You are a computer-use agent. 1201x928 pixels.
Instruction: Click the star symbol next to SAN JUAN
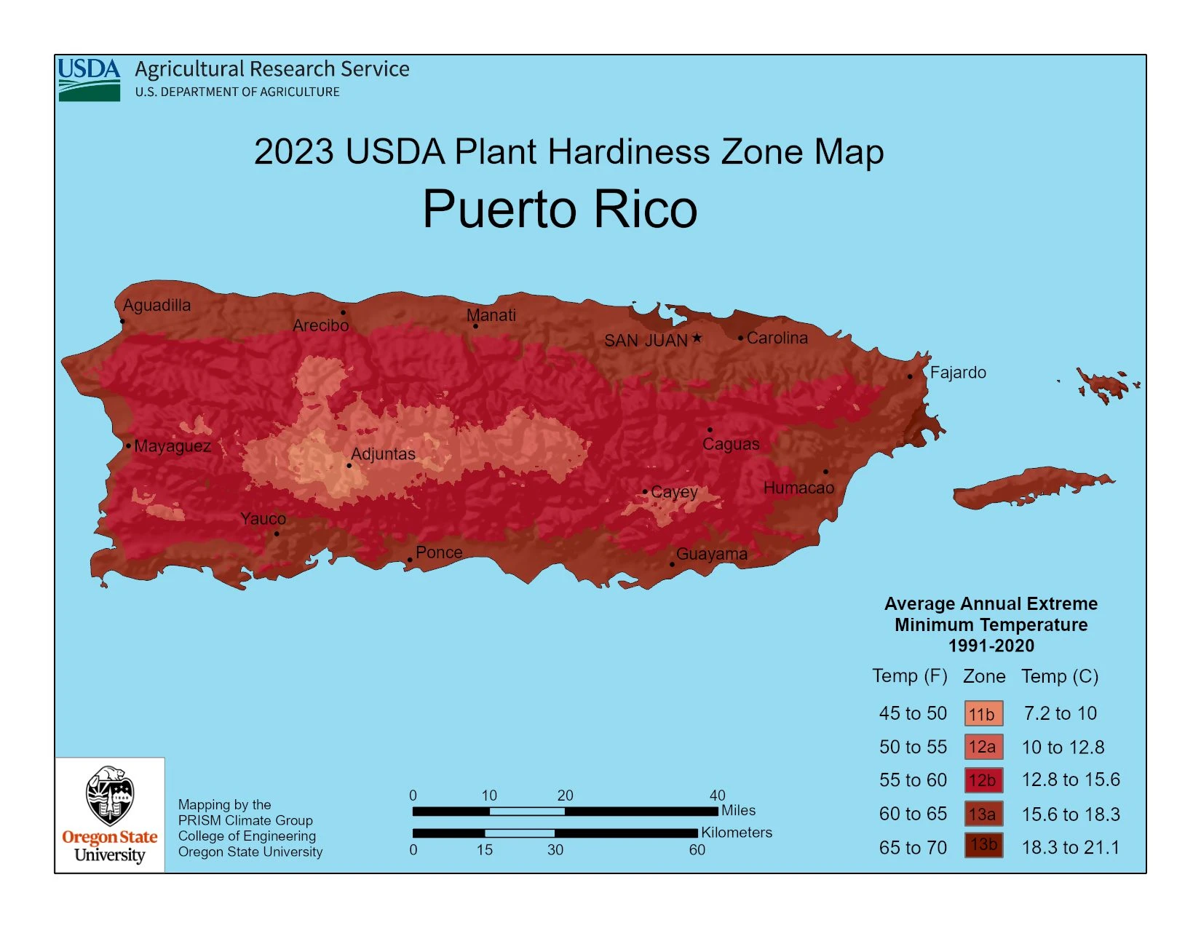(697, 338)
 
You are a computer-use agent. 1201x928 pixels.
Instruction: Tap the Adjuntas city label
(383, 454)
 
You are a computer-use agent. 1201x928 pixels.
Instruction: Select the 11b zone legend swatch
(983, 714)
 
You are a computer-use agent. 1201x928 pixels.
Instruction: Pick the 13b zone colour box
(983, 845)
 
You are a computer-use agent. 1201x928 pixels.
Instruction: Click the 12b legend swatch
(983, 780)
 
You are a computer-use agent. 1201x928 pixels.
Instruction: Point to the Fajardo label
(958, 373)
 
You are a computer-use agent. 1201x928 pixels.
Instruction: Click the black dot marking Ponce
(410, 560)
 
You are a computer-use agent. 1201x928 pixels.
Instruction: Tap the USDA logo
(89, 79)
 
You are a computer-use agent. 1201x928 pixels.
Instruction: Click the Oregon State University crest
(109, 796)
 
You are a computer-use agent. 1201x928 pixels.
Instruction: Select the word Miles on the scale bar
(738, 810)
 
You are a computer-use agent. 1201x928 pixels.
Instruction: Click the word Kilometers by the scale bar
(737, 833)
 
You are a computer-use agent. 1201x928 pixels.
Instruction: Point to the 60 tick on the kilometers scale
(697, 849)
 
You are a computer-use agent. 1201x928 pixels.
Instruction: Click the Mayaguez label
(173, 446)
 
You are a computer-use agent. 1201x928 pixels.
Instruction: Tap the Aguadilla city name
(156, 306)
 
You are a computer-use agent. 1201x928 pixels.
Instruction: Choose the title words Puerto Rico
(560, 210)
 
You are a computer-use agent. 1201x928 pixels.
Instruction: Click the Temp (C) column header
(1060, 676)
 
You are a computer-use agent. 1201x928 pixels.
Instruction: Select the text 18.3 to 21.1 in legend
(1070, 847)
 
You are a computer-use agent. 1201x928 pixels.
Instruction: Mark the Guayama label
(711, 555)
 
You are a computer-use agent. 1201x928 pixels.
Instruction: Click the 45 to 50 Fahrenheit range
(913, 713)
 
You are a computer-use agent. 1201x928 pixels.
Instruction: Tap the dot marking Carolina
(741, 338)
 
